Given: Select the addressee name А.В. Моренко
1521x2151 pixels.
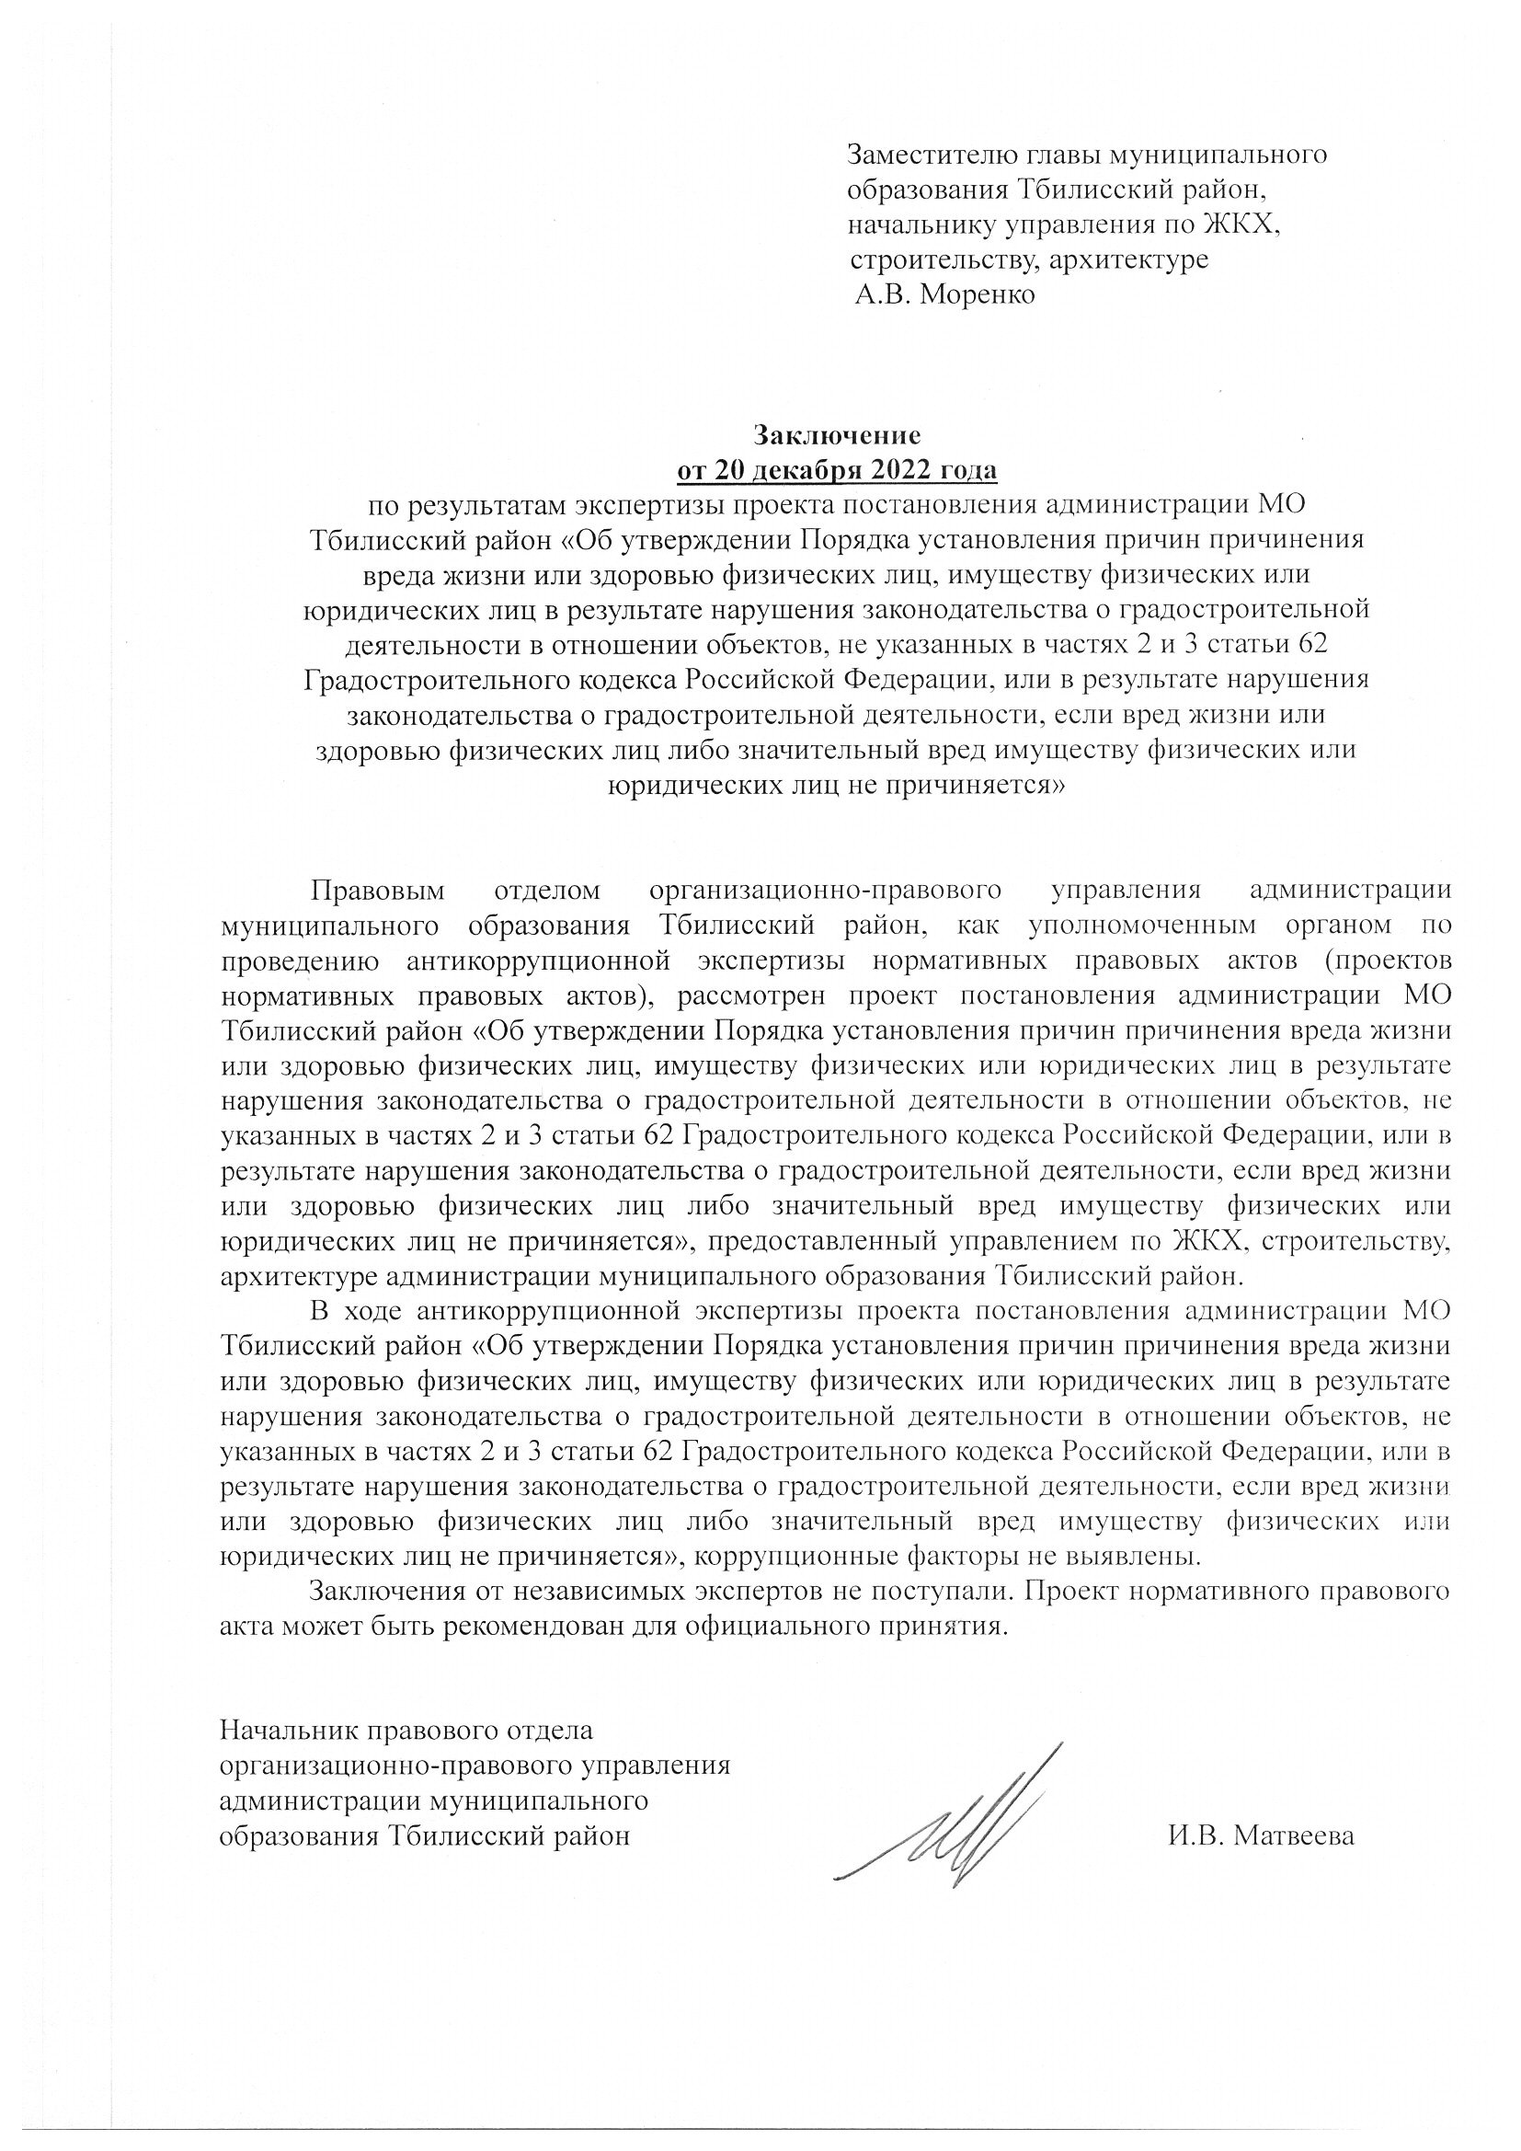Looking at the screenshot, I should coord(946,296).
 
